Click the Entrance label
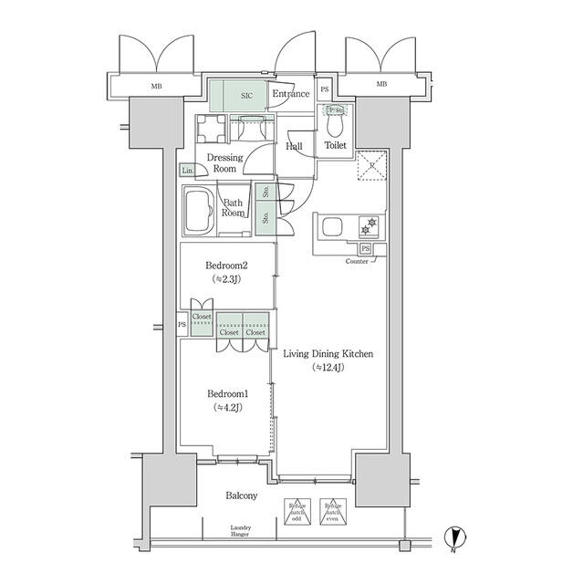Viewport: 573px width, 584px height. (291, 94)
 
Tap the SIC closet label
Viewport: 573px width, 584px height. (246, 94)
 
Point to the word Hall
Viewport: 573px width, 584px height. (295, 145)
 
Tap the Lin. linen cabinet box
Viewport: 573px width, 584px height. (188, 171)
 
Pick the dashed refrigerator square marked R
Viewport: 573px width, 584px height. (370, 166)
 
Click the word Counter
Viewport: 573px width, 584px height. (358, 262)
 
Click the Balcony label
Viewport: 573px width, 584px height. (242, 495)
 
